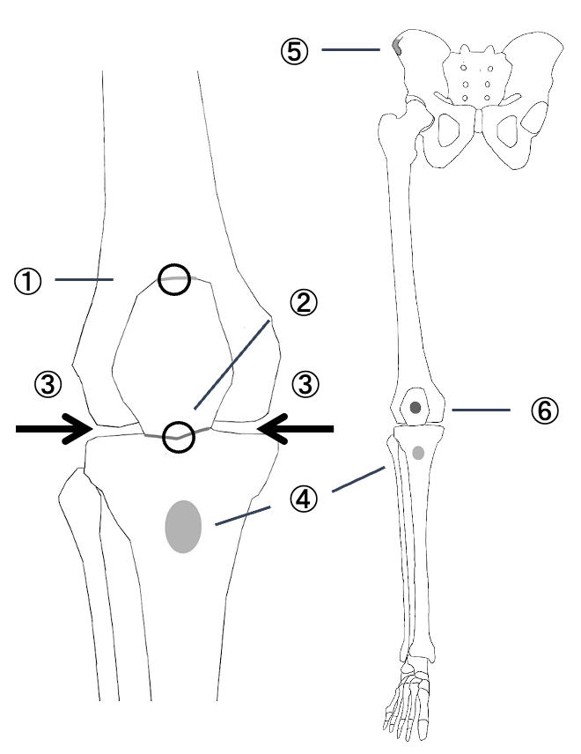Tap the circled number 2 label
302,305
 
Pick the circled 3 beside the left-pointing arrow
304,384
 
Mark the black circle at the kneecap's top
173,279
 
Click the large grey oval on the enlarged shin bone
184,526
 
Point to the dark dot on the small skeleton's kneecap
416,408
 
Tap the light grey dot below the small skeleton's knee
418,453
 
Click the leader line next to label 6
481,410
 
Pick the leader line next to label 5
349,50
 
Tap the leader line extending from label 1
85,280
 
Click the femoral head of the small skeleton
419,109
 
